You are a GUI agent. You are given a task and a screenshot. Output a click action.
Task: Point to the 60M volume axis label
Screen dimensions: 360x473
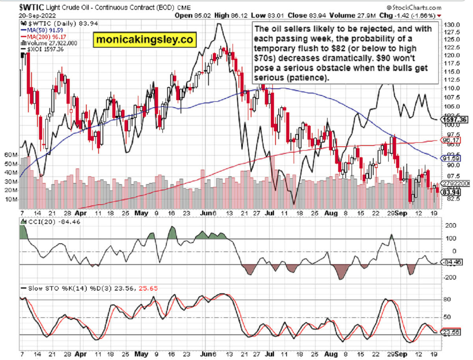click(x=8, y=155)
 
